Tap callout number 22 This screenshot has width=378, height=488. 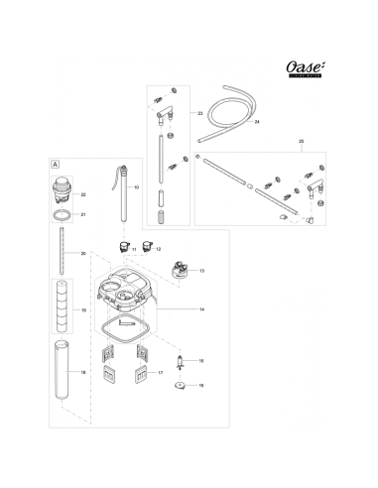pyautogui.click(x=83, y=194)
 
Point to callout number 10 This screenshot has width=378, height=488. pyautogui.click(x=137, y=187)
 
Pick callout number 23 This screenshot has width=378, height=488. pyautogui.click(x=199, y=114)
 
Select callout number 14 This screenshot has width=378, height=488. pyautogui.click(x=201, y=310)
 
